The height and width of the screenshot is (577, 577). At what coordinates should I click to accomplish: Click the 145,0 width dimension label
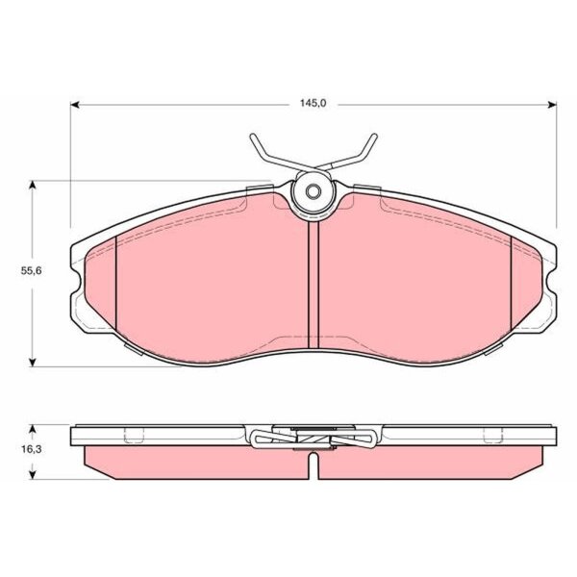[314, 104]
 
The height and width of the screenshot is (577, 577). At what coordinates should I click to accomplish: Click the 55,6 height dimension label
[32, 271]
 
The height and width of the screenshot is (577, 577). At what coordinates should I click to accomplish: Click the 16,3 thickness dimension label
[32, 449]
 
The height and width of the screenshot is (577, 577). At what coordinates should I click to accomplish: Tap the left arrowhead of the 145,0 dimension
[75, 105]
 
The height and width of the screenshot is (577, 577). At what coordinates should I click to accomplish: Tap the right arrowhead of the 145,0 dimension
[552, 105]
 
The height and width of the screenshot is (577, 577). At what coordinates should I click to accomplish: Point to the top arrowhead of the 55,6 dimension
[33, 185]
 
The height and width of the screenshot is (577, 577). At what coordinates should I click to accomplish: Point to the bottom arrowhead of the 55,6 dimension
[33, 363]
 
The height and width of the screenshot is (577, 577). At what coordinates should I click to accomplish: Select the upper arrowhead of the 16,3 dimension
[33, 429]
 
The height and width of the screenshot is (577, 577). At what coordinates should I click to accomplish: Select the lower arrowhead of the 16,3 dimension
[33, 475]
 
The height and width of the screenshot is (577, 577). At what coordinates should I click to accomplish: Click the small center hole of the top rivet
[314, 191]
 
